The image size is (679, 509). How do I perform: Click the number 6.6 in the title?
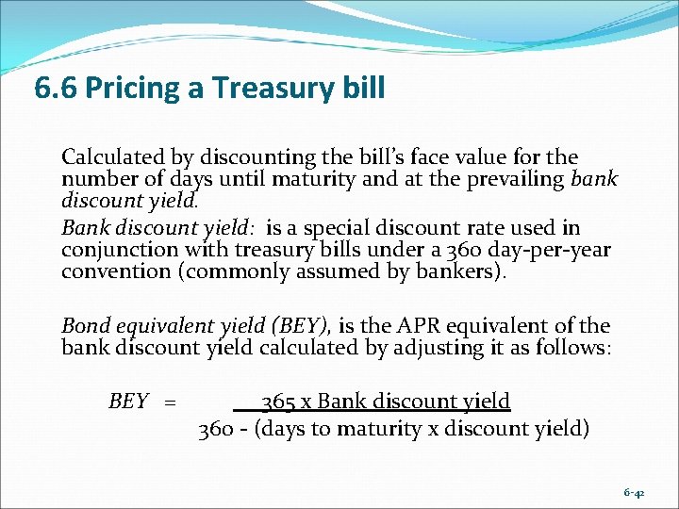55,89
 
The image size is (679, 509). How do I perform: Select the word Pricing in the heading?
136,90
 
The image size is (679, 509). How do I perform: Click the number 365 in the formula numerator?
277,402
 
